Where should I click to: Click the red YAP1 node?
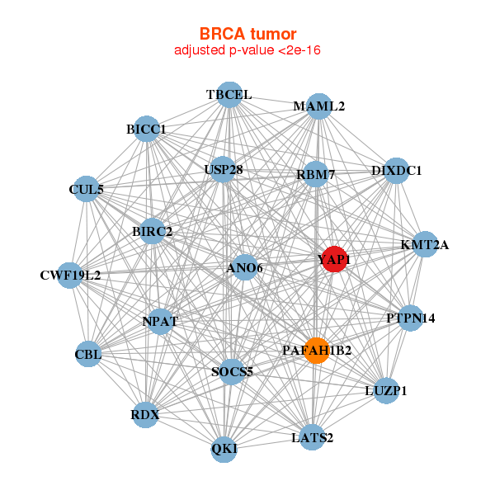coord(334,259)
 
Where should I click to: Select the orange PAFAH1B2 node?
coord(316,351)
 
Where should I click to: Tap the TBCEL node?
coord(229,95)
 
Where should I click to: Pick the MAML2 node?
coord(318,106)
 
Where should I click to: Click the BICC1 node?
coord(146,130)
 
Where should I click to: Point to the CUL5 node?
coord(87,189)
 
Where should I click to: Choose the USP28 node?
coord(224,171)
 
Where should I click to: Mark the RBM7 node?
coord(314,174)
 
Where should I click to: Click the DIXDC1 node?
coord(396,171)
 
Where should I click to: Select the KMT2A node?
coord(424,244)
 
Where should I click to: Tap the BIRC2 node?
coord(152,231)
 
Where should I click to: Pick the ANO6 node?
coord(244,267)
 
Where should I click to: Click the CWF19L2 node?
coord(70,275)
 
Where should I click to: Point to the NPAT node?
coord(160,321)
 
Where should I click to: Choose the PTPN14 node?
coord(411,318)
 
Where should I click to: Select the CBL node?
coord(87,356)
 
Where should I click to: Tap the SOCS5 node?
coord(233,371)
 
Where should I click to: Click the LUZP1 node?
coord(386,389)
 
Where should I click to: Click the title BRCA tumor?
coord(247,34)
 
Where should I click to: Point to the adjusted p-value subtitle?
coord(247,50)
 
